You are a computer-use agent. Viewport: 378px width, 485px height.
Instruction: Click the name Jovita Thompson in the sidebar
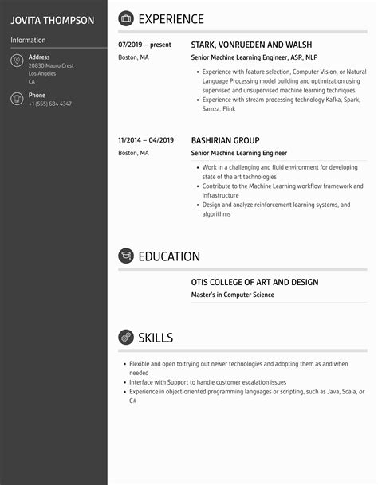point(52,20)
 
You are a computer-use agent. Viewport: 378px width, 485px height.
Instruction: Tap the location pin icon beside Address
point(17,61)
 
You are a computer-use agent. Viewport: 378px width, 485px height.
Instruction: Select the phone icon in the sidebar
point(17,99)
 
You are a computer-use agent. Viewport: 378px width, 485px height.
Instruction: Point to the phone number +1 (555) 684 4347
point(50,104)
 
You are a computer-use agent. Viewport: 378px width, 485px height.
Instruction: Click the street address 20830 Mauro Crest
point(51,65)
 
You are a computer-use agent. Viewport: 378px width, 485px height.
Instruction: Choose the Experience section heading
point(171,19)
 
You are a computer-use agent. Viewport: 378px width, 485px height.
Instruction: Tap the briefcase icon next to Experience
point(126,19)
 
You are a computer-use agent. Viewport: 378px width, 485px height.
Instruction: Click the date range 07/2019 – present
point(144,45)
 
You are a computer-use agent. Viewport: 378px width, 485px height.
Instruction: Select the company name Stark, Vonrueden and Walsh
point(251,45)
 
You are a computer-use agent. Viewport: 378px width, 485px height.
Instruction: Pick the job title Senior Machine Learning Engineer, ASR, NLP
point(255,58)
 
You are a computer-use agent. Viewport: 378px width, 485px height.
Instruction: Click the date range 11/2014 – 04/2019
point(146,139)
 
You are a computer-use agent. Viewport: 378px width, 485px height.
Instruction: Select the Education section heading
point(169,256)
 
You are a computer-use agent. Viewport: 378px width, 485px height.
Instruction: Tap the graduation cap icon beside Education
point(126,256)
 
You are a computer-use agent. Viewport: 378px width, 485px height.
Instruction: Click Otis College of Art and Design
point(254,282)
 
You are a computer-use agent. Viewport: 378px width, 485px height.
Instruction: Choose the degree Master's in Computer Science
point(232,295)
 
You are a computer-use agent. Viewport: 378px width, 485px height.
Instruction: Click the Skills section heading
point(156,338)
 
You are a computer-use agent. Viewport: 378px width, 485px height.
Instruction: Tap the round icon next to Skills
point(126,338)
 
